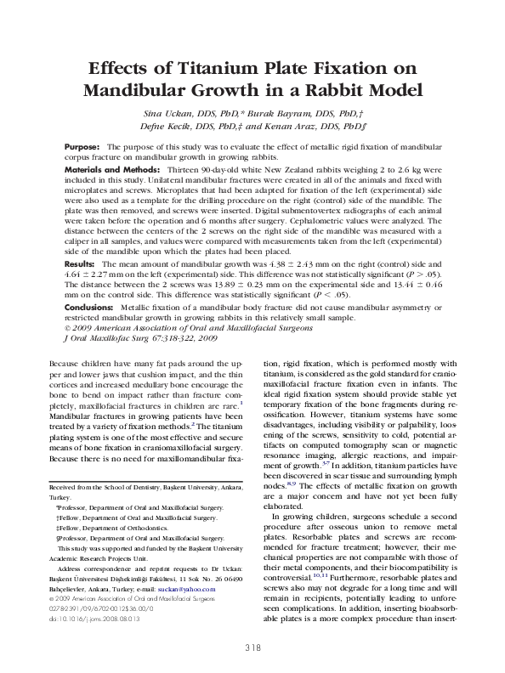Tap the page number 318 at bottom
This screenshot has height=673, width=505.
click(252, 649)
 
